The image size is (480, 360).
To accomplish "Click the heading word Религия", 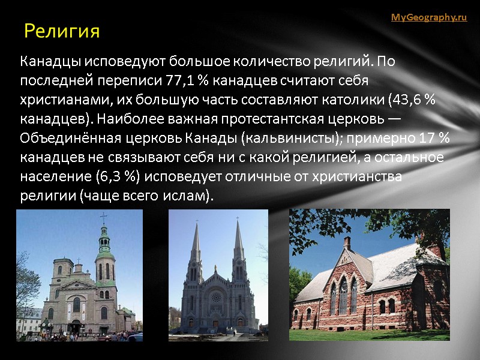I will [61, 31].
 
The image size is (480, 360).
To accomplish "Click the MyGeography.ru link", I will [428, 17].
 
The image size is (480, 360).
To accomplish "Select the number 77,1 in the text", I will [170, 80].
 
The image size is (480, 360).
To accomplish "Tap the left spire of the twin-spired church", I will [196, 240].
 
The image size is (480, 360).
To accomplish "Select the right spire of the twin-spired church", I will [238, 240].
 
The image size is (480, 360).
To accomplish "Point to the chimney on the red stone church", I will [347, 243].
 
